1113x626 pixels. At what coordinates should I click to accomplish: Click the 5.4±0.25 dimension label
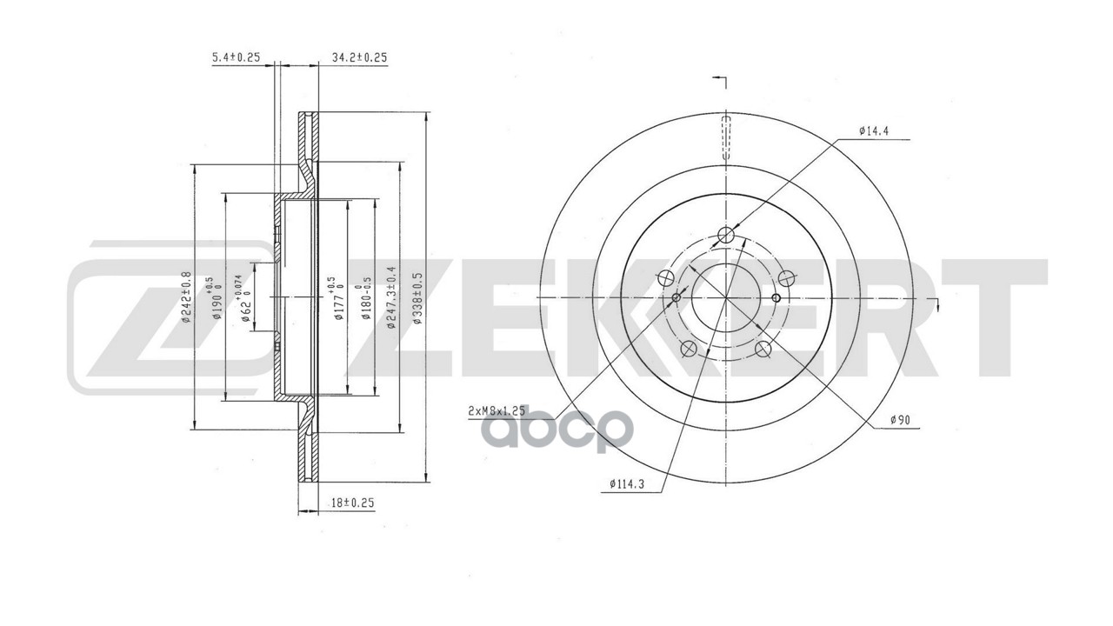[x=237, y=57]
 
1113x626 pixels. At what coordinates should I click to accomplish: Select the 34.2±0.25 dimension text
[x=359, y=57]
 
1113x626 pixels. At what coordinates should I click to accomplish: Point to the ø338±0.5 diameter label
[x=418, y=298]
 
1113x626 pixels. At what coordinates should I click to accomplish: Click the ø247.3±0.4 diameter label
[x=392, y=298]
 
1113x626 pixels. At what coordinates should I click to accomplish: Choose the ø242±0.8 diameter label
[x=185, y=298]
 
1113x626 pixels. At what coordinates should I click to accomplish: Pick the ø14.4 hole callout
[x=871, y=131]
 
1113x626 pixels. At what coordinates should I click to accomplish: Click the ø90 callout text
[x=900, y=421]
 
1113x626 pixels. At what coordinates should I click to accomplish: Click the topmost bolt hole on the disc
[x=727, y=235]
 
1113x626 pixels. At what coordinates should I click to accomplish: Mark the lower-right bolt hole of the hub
[x=763, y=349]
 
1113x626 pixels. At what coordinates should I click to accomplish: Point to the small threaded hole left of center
[x=676, y=298]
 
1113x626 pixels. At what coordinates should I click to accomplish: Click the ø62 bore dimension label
[x=246, y=298]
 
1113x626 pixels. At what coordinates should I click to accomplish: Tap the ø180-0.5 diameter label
[x=367, y=298]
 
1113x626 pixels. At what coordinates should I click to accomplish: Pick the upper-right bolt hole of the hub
[x=787, y=278]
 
